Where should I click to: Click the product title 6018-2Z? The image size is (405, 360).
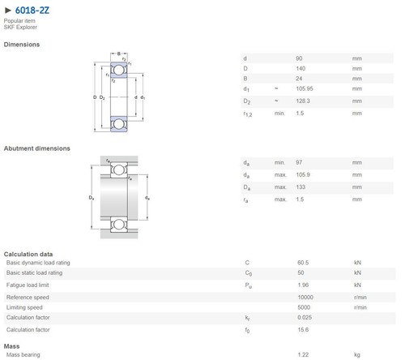pos(32,11)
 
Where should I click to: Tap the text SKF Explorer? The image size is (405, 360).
pos(20,27)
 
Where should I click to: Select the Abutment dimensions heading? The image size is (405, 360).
pos(37,148)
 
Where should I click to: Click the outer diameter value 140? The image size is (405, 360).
pos(301,68)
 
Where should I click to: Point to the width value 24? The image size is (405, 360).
pos(299,79)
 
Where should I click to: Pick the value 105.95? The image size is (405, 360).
pos(305,88)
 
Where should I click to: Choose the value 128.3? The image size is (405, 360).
pos(303,101)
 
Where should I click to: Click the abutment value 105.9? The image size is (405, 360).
pos(303,174)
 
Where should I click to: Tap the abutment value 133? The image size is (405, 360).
pos(301,187)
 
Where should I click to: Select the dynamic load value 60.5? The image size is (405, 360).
pos(303,263)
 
